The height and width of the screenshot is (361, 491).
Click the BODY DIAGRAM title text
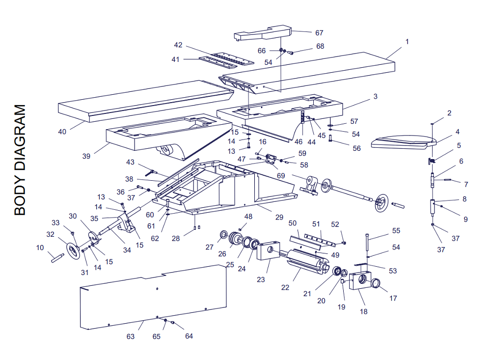(x=20, y=160)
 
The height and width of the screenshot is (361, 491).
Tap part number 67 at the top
(x=319, y=33)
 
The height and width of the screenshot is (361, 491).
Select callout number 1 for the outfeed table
(x=407, y=42)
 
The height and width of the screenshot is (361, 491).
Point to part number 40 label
(x=62, y=132)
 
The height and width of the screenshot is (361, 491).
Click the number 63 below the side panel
(x=131, y=336)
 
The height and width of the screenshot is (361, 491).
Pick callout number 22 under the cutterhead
(x=285, y=287)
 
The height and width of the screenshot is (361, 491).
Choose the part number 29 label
(x=279, y=217)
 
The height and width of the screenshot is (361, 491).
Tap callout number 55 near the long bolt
(x=396, y=230)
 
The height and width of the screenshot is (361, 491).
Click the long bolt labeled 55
(x=367, y=243)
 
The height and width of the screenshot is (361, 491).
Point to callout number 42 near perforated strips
(x=178, y=45)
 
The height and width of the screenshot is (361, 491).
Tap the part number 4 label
(x=457, y=132)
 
